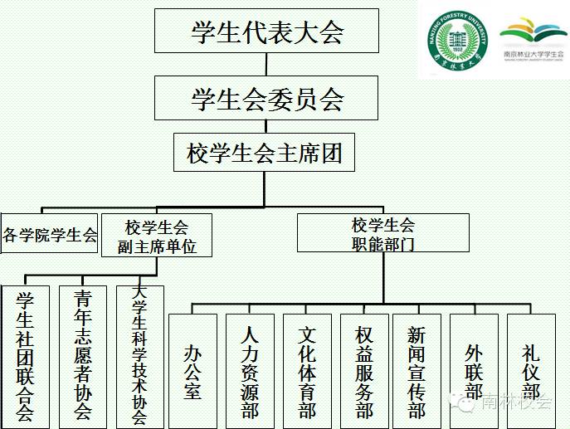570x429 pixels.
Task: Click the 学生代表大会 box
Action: tap(266, 33)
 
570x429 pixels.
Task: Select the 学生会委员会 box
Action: tap(266, 100)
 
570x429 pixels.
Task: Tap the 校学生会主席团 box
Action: tap(265, 154)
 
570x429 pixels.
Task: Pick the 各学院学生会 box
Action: tap(50, 235)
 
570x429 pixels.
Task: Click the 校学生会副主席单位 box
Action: tap(157, 236)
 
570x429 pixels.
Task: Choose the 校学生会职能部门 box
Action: tap(382, 233)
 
